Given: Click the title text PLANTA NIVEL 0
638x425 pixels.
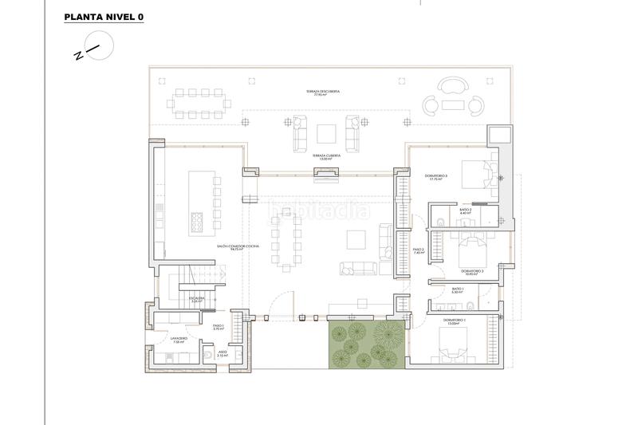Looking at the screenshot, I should click(x=103, y=17).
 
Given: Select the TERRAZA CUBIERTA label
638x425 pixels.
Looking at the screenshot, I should click(x=326, y=156).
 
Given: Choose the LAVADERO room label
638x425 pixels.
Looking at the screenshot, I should click(x=178, y=340).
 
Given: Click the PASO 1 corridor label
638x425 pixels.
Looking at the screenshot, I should click(x=219, y=327).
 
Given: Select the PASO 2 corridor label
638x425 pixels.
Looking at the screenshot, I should click(x=418, y=251).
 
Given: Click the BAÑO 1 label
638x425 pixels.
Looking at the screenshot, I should click(x=458, y=290).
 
